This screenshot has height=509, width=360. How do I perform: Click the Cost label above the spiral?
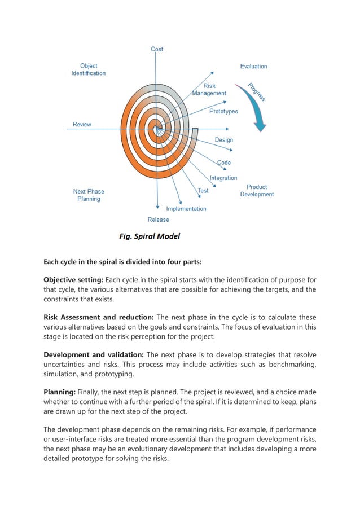pyautogui.click(x=157, y=49)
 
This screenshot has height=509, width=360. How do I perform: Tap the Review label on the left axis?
pyautogui.click(x=82, y=124)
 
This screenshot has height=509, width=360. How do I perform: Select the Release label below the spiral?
pyautogui.click(x=158, y=220)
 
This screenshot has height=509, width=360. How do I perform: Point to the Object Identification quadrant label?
pyautogui.click(x=88, y=69)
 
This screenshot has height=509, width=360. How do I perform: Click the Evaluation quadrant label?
pyautogui.click(x=253, y=66)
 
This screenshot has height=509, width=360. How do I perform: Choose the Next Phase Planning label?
pyautogui.click(x=89, y=195)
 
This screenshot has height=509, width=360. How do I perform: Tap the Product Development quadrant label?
pyautogui.click(x=257, y=191)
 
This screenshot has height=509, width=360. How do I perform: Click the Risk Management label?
pyautogui.click(x=209, y=90)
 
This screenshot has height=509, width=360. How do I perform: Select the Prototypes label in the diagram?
pyautogui.click(x=223, y=111)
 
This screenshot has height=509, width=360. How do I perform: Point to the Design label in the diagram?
pyautogui.click(x=223, y=139)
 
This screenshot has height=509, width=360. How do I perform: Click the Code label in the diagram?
pyautogui.click(x=224, y=163)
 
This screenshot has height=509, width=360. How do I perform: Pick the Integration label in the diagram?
pyautogui.click(x=223, y=178)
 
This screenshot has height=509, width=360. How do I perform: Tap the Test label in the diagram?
pyautogui.click(x=203, y=191)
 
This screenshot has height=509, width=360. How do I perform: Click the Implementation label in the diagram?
pyautogui.click(x=186, y=208)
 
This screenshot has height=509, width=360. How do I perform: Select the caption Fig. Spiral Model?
pyautogui.click(x=149, y=236)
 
